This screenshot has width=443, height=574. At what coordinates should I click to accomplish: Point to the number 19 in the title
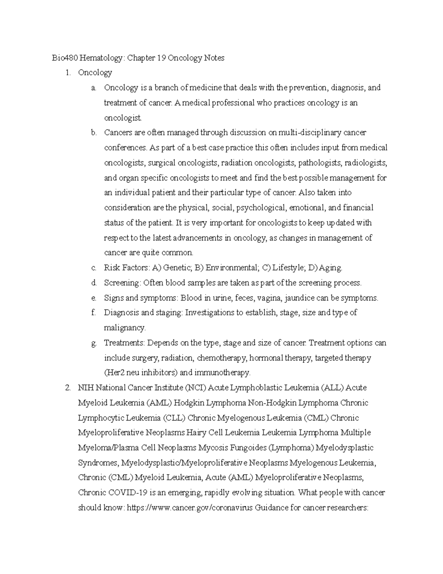click(x=161, y=58)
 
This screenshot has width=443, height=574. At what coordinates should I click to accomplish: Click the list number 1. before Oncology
click(x=68, y=73)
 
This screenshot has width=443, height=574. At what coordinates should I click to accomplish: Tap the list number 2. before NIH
click(x=68, y=388)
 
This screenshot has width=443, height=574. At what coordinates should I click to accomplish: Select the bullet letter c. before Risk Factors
click(x=94, y=268)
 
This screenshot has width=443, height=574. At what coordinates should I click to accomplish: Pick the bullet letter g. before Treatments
click(x=94, y=343)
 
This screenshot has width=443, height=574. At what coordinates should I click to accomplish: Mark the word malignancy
click(x=125, y=328)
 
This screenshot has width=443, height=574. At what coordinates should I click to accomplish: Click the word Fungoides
click(x=247, y=448)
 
